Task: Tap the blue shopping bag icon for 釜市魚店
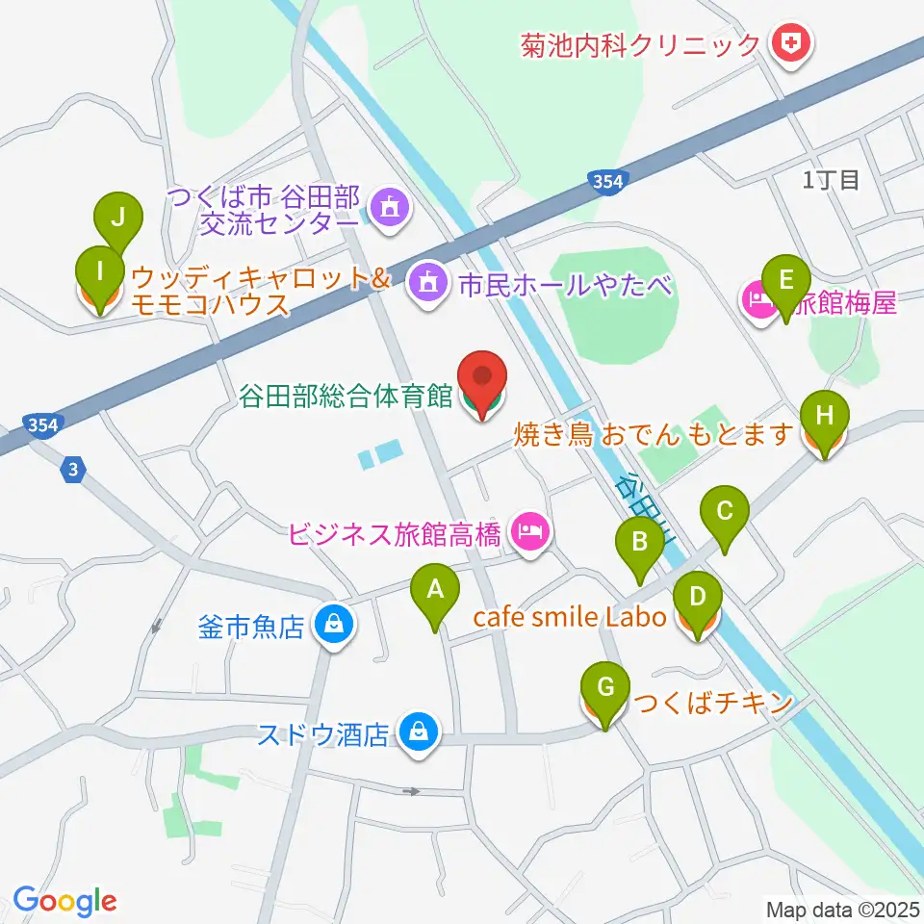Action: (332, 627)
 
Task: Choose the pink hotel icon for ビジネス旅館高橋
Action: (528, 530)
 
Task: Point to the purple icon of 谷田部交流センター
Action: (388, 208)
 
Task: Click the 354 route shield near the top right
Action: (608, 181)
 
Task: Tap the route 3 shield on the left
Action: (74, 470)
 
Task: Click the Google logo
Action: (64, 901)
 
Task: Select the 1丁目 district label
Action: (831, 180)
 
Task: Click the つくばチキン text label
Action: (711, 703)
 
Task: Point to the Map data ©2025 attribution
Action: (841, 908)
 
